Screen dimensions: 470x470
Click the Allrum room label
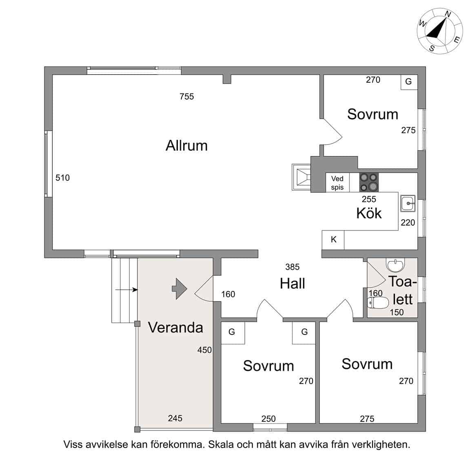click(x=186, y=146)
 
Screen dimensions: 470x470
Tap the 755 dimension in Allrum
click(x=187, y=97)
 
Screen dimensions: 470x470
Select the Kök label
click(x=369, y=213)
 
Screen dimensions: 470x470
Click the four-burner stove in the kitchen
click(x=369, y=182)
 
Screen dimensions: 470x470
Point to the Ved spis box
click(x=337, y=183)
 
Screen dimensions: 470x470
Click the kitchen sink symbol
click(x=408, y=203)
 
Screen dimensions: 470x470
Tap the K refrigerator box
click(x=333, y=240)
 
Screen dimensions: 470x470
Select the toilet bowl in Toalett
click(x=378, y=303)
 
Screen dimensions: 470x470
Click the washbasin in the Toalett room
click(x=396, y=264)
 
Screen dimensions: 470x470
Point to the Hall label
click(x=292, y=284)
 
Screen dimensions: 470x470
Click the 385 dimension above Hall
click(x=292, y=267)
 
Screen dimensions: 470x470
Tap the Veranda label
click(x=175, y=327)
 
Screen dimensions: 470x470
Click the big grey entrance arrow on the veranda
click(x=180, y=289)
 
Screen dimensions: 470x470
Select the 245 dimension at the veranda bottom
click(x=175, y=418)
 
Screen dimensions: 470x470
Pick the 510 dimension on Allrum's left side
click(x=62, y=178)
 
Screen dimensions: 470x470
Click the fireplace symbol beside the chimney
click(x=301, y=177)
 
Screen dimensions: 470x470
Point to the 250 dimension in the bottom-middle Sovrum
click(x=268, y=419)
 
